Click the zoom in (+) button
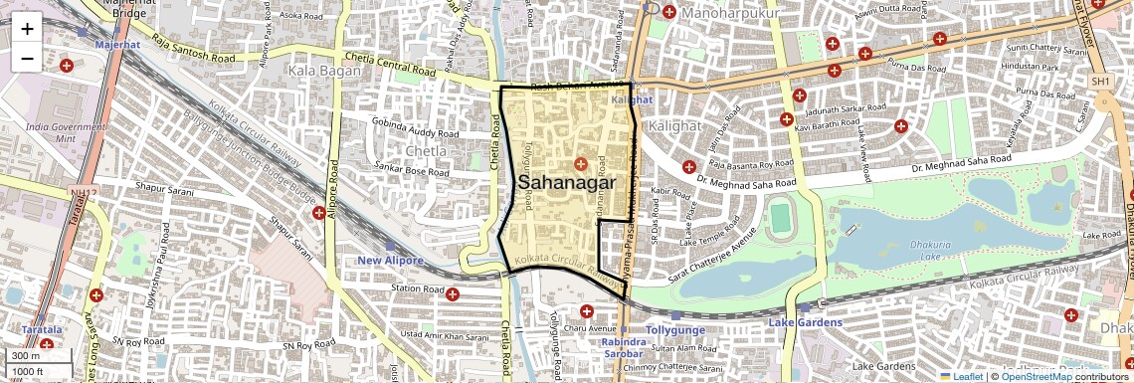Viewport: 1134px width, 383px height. (x=27, y=28)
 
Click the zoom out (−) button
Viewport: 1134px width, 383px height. (x=27, y=58)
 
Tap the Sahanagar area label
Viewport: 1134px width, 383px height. (x=567, y=182)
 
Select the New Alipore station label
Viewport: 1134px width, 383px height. (x=390, y=261)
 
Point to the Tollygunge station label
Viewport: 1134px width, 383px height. (x=674, y=328)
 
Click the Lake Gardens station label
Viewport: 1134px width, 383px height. (x=805, y=322)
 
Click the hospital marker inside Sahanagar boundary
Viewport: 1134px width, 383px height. (x=581, y=162)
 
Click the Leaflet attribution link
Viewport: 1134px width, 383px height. (x=960, y=376)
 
